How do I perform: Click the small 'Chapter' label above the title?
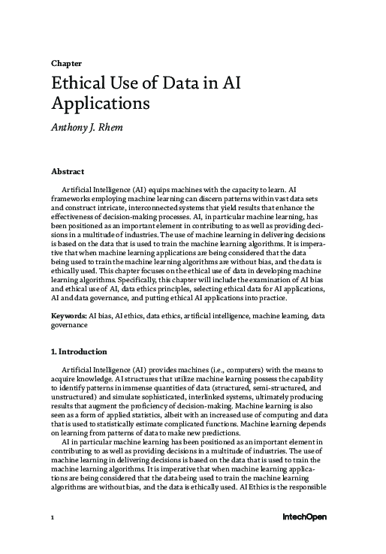click(66, 64)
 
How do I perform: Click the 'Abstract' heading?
click(68, 172)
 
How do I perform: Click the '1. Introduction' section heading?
click(80, 351)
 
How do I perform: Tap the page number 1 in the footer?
click(53, 516)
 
